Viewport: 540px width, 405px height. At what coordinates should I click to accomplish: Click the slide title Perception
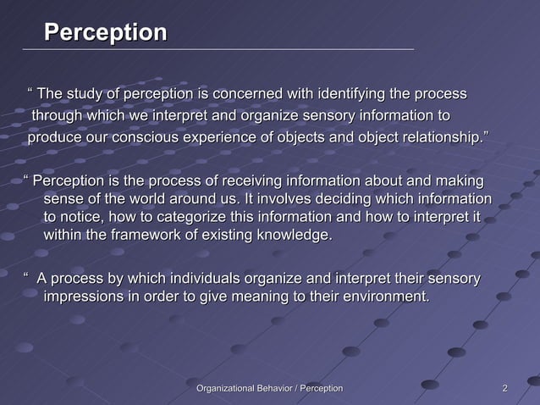tap(105, 33)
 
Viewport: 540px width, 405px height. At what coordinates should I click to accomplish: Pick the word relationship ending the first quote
tap(439, 138)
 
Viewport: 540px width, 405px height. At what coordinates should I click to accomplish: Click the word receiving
tap(259, 181)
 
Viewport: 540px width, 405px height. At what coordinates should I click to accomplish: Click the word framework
tap(147, 236)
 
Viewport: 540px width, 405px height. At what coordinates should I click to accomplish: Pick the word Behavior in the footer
tap(273, 388)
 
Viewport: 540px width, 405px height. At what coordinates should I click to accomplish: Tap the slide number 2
tap(505, 388)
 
